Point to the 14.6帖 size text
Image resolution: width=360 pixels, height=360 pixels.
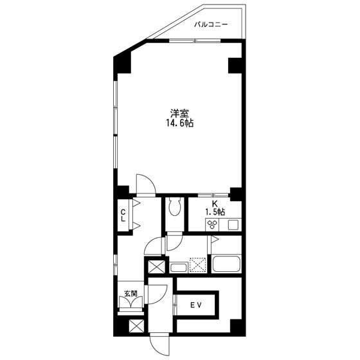point(179,123)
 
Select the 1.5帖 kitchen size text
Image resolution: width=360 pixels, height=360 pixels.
point(215,212)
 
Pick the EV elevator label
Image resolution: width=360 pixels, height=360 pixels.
point(195,306)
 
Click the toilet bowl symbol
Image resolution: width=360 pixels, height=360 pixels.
point(173,207)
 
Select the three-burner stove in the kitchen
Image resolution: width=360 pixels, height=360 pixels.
point(212,224)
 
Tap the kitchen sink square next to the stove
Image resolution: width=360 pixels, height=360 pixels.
point(232,224)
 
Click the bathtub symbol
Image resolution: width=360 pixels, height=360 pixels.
point(226,264)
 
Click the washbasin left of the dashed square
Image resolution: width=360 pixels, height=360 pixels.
point(178,267)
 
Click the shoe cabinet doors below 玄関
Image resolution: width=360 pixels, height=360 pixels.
point(131,307)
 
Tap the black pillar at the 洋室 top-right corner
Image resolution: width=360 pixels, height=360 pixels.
point(235,65)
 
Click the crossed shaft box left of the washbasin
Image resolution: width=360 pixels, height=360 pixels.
point(156,266)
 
